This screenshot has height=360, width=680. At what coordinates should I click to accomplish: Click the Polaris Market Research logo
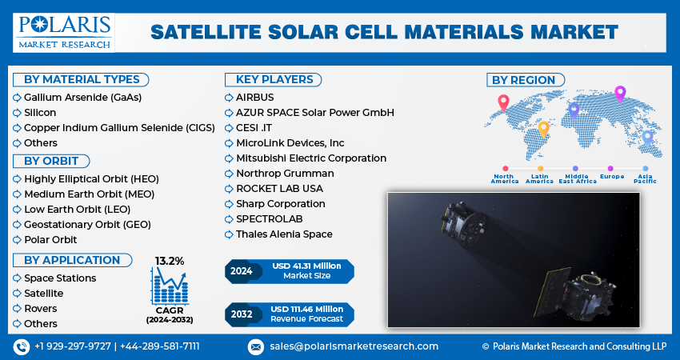point(63,31)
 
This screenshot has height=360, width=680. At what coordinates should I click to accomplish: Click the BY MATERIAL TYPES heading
point(82,79)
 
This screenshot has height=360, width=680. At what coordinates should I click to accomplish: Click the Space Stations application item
point(60,278)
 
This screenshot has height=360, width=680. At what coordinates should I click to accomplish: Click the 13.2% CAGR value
point(169,261)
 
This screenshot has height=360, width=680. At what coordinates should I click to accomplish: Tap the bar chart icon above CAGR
point(170,286)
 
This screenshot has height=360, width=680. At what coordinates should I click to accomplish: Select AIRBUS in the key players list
point(254,97)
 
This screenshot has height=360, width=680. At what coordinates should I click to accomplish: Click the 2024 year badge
point(242,271)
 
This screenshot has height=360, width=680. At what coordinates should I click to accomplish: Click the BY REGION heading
point(523,80)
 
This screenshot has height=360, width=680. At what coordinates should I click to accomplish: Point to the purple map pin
point(619,94)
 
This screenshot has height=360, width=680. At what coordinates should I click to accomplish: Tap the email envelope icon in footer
point(255,346)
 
